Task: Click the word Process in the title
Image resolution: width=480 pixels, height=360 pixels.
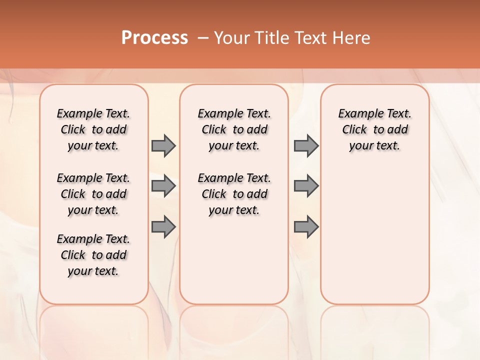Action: tap(154, 38)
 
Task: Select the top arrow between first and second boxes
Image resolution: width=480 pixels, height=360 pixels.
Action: tap(163, 145)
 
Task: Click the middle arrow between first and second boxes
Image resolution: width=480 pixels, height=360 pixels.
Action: tap(163, 186)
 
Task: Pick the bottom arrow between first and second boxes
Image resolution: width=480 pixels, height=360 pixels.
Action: tap(163, 227)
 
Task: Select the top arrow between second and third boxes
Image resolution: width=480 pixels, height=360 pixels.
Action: tap(306, 145)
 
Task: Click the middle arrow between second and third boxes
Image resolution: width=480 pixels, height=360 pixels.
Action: tap(306, 186)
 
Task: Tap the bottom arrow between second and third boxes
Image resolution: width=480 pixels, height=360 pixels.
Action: tap(306, 227)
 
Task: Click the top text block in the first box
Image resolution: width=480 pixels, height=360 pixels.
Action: tap(93, 129)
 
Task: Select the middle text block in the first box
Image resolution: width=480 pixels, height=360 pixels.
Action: tap(93, 194)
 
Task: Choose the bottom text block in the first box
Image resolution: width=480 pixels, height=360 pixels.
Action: tap(93, 255)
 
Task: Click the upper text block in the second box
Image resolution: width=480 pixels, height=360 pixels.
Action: tap(234, 129)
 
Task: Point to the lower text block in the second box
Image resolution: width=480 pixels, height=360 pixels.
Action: tap(234, 194)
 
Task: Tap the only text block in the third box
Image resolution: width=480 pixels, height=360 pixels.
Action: tap(375, 129)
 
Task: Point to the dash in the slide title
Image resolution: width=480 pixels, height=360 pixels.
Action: tap(203, 38)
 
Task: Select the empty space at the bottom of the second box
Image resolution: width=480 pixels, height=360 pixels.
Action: tap(234, 265)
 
